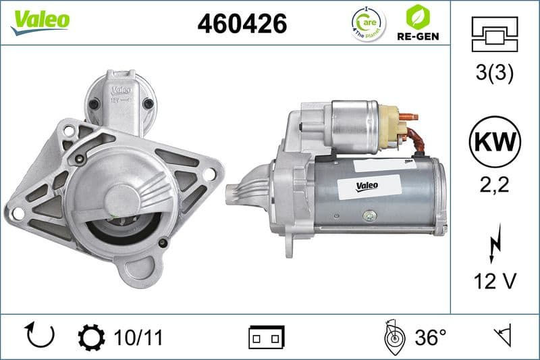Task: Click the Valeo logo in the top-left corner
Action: coord(40,20)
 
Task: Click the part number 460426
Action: coord(242,24)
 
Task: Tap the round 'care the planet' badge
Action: coord(368,24)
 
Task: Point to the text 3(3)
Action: coord(494,74)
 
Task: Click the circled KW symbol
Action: coord(494,143)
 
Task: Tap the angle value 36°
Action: coord(430,337)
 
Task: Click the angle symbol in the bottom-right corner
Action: coord(503,336)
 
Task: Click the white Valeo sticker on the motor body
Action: coord(367,184)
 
